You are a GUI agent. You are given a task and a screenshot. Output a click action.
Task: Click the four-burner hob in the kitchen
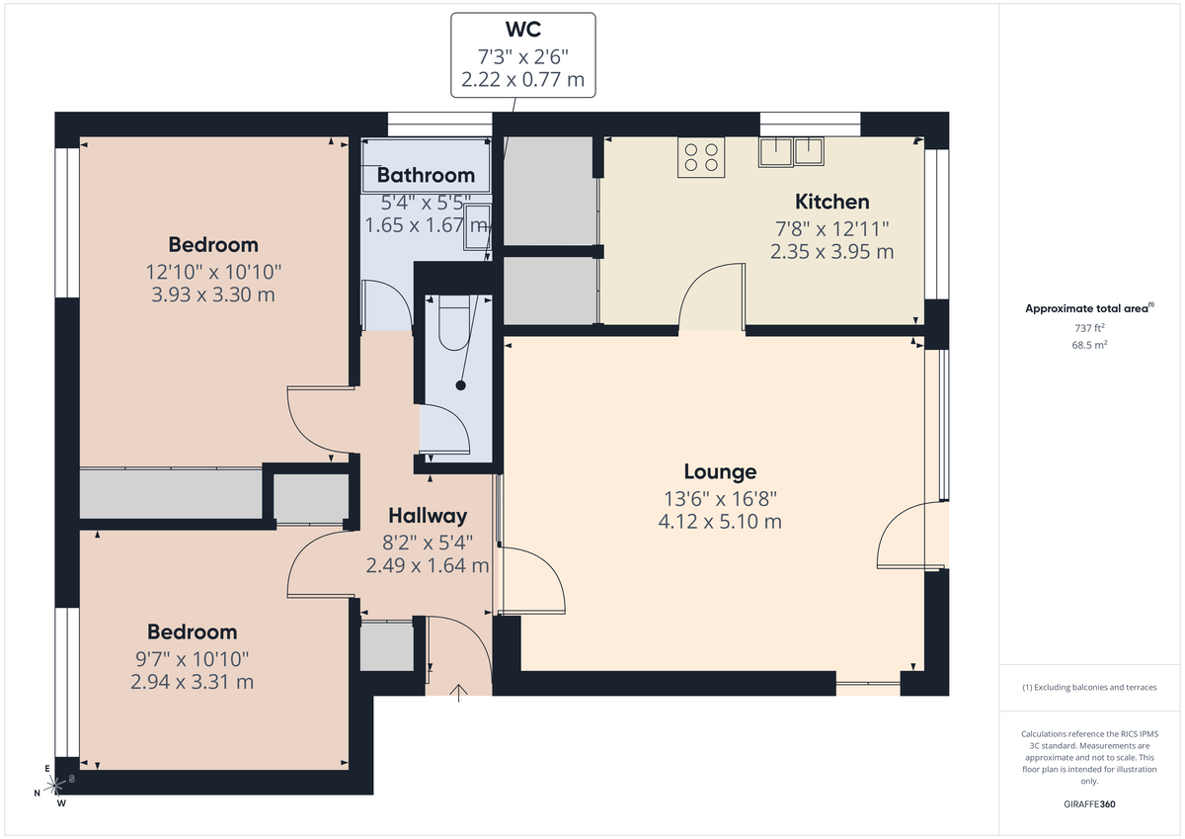701,158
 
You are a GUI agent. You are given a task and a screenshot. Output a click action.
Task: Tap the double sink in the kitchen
792,151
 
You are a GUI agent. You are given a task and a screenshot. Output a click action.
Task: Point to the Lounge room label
720,471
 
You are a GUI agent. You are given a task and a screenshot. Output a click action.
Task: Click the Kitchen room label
831,202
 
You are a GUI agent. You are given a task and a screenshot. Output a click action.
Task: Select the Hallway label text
427,515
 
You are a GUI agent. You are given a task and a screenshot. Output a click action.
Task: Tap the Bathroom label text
426,176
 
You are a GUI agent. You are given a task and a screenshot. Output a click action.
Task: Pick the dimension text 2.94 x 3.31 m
192,682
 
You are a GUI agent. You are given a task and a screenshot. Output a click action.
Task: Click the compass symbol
56,786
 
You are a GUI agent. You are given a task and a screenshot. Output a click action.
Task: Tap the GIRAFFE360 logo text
1090,804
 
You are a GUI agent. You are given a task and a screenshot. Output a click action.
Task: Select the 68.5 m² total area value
1090,346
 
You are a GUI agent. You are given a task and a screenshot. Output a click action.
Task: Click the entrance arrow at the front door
459,692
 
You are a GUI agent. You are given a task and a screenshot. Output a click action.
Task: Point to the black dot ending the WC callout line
460,385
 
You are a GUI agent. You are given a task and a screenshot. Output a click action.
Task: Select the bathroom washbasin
477,223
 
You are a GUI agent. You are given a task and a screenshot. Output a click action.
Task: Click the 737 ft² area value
1090,327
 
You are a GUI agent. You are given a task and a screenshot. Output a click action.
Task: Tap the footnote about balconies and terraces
1090,687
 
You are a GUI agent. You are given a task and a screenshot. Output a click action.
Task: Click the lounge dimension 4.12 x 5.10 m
720,521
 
